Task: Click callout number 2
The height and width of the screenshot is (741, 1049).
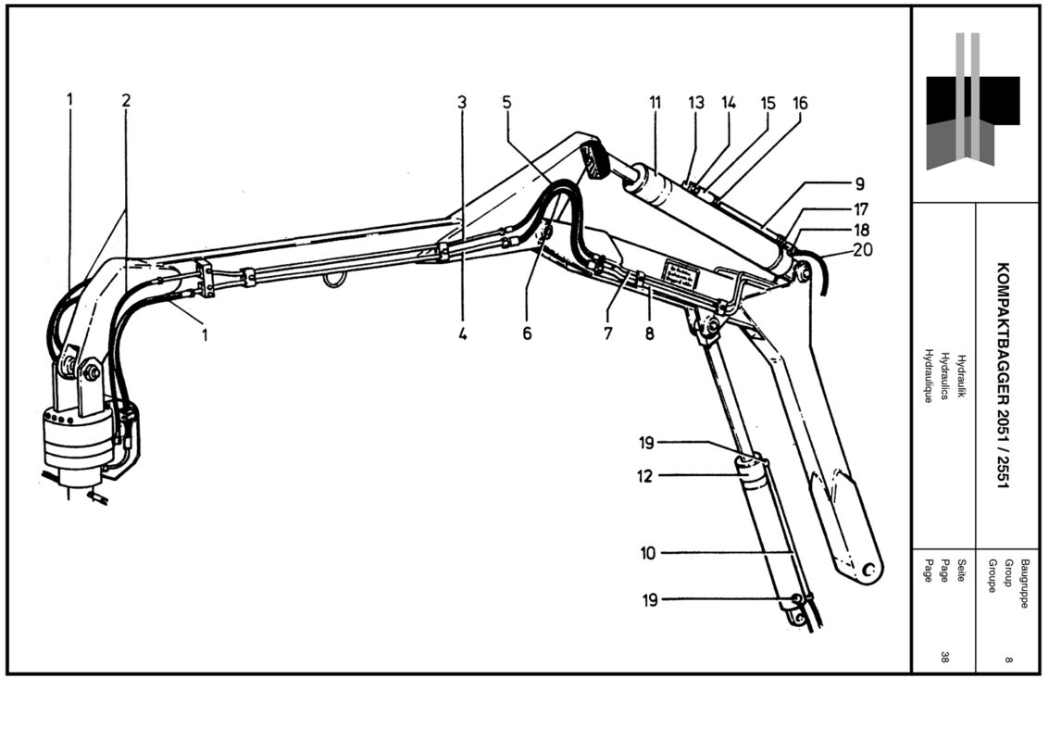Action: click(126, 100)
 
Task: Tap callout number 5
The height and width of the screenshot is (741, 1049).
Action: click(506, 101)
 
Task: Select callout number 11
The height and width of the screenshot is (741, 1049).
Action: click(655, 103)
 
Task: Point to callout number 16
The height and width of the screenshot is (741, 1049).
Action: click(800, 104)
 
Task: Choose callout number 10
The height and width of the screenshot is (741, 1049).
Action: click(647, 554)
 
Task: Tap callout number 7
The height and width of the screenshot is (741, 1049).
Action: click(608, 334)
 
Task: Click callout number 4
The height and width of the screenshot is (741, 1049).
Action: click(462, 334)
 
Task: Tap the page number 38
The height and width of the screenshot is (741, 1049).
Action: click(944, 658)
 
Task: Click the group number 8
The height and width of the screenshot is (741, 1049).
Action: click(1007, 659)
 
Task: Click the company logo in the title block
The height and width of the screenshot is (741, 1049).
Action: click(972, 102)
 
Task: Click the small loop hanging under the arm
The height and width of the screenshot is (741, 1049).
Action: click(333, 279)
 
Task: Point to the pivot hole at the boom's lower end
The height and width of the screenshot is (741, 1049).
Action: click(868, 570)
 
